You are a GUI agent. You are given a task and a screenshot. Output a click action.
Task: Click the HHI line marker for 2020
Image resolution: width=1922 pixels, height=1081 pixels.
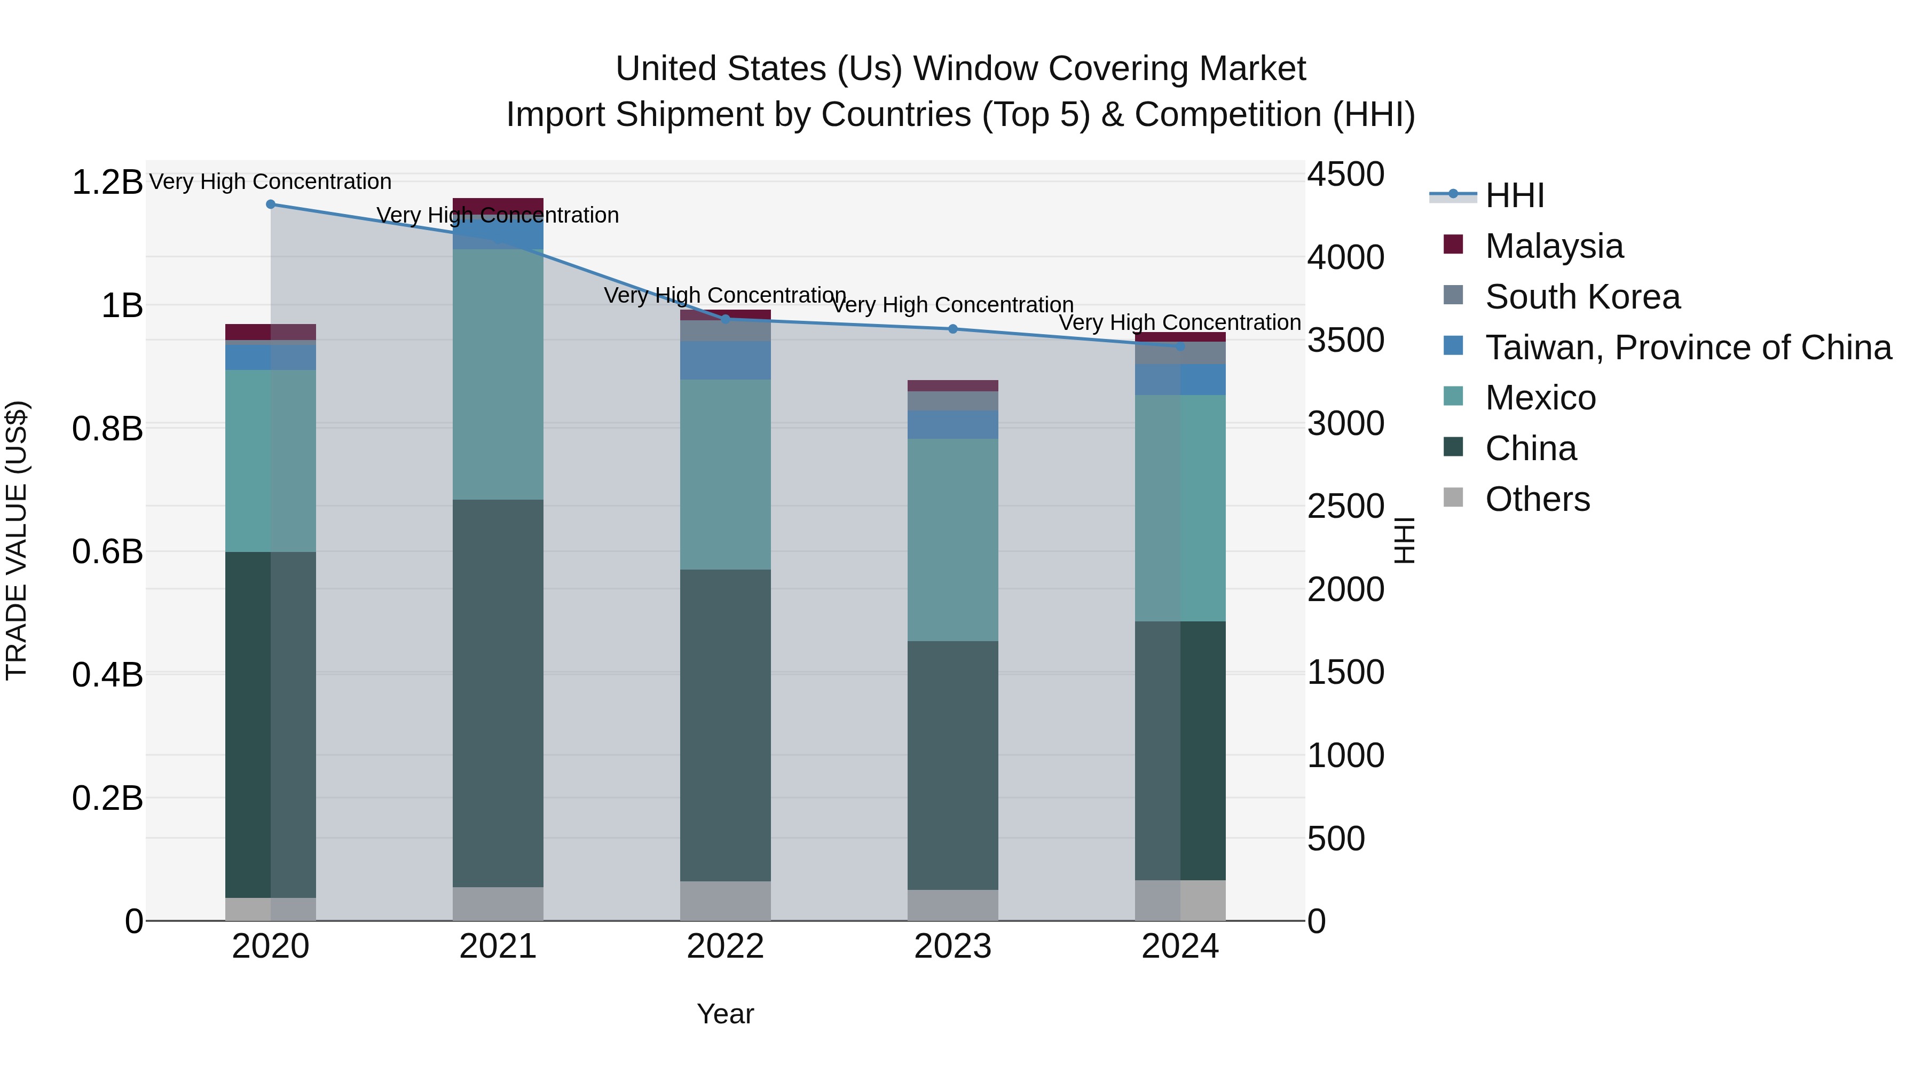pos(271,204)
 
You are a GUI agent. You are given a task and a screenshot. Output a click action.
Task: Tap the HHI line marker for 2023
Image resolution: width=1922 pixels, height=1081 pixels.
pos(953,329)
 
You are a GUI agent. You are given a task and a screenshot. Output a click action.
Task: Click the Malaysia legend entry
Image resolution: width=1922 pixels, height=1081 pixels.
pos(1554,246)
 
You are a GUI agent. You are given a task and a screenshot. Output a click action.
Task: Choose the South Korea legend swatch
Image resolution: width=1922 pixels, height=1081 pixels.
pos(1453,295)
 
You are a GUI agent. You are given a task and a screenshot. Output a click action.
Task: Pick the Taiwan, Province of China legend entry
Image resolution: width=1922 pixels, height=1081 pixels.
pos(1688,347)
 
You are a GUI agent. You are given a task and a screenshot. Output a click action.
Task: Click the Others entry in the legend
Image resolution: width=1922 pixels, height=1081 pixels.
pos(1537,499)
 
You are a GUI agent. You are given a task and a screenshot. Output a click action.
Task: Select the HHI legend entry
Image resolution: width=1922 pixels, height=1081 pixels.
pos(1515,195)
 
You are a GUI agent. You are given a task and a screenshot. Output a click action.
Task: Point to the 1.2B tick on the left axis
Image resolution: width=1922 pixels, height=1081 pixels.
pos(107,183)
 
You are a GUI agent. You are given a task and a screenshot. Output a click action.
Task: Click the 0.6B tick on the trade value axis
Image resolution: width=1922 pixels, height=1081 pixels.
pos(107,552)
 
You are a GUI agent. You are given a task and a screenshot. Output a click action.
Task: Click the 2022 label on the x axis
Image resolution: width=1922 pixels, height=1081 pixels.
pos(725,946)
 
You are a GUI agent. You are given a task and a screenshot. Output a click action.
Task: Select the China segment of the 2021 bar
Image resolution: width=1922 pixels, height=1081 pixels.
pos(498,694)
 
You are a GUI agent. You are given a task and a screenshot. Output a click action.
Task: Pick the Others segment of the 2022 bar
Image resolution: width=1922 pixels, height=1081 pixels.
pos(725,901)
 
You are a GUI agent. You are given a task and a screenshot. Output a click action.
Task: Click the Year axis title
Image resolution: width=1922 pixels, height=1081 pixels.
pos(725,1014)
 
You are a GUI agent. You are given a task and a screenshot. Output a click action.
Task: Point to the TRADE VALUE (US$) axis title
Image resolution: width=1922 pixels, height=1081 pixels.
pos(17,540)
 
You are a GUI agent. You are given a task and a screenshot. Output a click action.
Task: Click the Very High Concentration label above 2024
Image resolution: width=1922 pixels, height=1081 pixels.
pos(1179,322)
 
